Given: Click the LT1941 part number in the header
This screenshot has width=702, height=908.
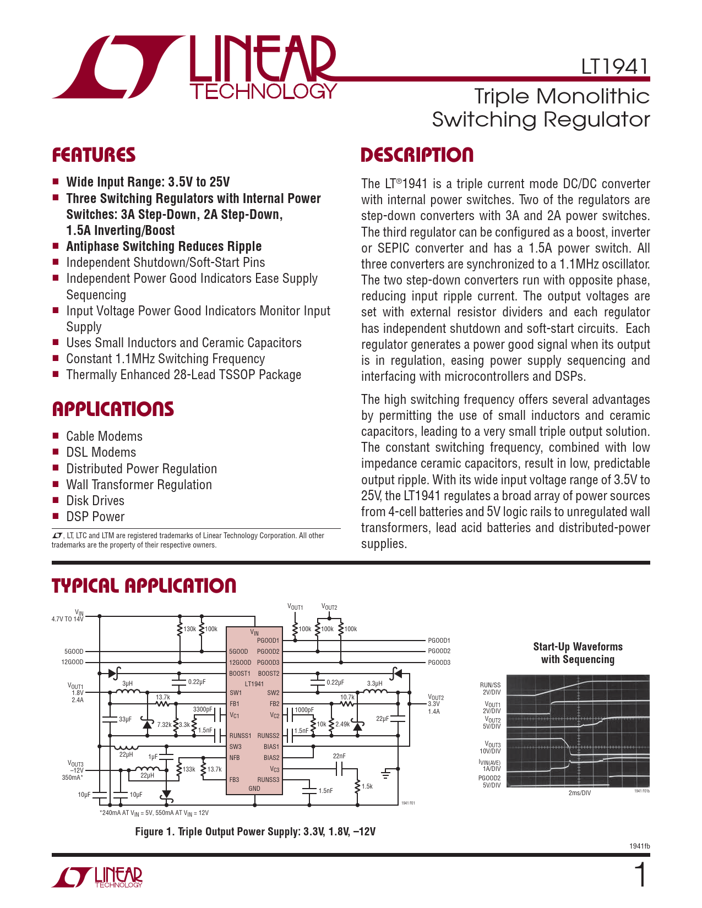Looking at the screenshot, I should [614, 67].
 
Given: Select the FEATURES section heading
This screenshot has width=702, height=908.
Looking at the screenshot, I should [94, 155].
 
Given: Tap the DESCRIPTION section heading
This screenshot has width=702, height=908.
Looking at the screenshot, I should [417, 155].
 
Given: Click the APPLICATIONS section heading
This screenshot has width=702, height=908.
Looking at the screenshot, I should [113, 409].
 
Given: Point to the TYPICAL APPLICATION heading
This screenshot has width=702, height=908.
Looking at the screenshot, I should [144, 586].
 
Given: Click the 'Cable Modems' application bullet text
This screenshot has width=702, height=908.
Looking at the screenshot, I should [104, 436].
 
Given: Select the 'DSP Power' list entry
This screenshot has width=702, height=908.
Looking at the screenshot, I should [95, 517].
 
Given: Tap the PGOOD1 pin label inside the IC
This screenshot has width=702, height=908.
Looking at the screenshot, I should [268, 641].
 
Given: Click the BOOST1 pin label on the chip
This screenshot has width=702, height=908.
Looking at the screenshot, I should [240, 674].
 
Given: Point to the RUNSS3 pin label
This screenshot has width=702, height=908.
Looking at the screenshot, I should [268, 780].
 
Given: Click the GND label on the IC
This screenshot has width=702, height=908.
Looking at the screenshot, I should [254, 789].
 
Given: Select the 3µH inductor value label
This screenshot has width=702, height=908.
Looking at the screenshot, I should [127, 683].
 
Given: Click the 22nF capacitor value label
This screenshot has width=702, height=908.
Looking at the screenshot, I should [339, 756].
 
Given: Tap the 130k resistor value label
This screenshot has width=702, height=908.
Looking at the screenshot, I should [189, 629].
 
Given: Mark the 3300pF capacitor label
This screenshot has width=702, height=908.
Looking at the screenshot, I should [202, 709].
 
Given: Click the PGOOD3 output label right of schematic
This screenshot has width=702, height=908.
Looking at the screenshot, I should [439, 663].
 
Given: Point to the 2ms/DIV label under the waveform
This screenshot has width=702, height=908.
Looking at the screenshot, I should [579, 793].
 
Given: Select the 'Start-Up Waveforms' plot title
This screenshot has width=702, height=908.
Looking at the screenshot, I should [578, 647].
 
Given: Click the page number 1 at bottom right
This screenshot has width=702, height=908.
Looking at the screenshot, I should [640, 876].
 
